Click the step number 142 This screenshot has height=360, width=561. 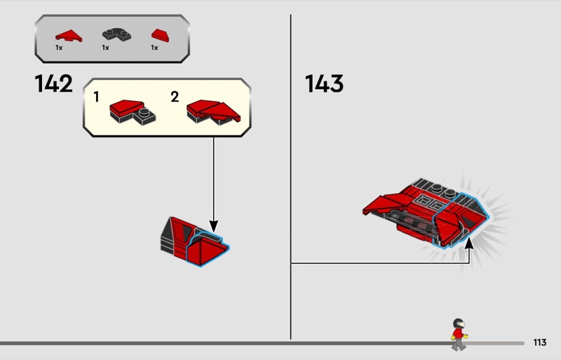coord(54,84)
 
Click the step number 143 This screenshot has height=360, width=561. coord(324,84)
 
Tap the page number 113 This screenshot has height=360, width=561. coord(540,342)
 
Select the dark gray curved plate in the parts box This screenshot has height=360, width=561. coord(116,34)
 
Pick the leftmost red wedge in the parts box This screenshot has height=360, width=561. coord(69,36)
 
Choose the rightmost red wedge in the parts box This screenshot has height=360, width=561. coord(161,36)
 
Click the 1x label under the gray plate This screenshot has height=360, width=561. coord(105,48)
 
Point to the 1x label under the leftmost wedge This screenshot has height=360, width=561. coord(59,48)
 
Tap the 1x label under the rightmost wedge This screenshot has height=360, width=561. coord(154,48)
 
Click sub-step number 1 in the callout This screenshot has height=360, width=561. coord(96,97)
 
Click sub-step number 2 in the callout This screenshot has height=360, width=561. coord(175,97)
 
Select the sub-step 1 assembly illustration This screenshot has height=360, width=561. coord(133,112)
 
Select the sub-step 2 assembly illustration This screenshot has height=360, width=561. coord(214,112)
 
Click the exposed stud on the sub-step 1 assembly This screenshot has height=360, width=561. coord(144,112)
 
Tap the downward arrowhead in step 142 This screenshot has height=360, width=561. coord(214,227)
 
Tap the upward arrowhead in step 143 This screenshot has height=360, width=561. coord(468,243)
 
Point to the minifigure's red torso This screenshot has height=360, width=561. coord(458,334)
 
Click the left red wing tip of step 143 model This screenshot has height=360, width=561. coord(365,212)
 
